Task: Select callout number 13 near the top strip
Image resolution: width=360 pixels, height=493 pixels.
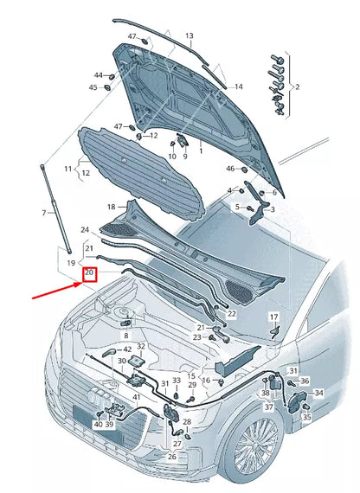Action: coord(189,36)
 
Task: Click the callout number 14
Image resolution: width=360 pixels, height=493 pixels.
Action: coord(239,86)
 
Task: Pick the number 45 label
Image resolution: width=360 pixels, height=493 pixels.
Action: coord(92,87)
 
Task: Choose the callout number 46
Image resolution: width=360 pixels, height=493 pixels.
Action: coord(231,169)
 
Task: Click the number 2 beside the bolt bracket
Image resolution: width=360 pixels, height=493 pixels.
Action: coord(298,87)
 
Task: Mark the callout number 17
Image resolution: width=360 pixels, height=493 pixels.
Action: coord(273,317)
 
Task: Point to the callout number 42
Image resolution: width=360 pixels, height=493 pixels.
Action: coord(127,349)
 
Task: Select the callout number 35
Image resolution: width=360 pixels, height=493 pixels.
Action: coord(306,416)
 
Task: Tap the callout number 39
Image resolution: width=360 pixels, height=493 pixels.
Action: coord(110,425)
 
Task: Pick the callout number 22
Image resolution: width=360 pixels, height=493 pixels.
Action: coord(232,313)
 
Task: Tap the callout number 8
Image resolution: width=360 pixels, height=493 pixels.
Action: coord(125,335)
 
